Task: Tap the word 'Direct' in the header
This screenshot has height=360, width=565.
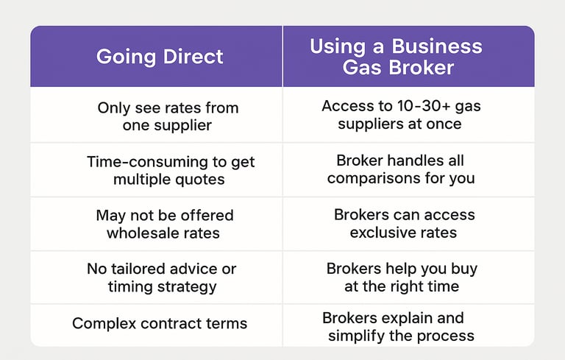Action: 193,57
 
